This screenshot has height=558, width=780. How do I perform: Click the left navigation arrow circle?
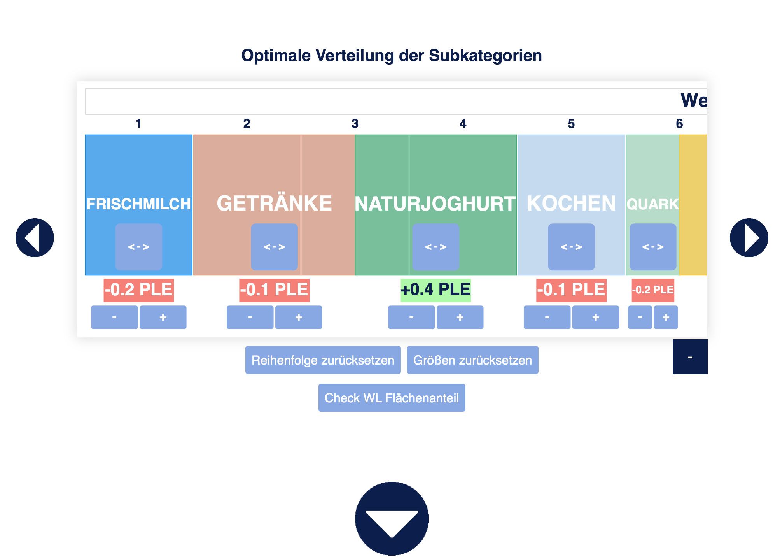[x=35, y=237]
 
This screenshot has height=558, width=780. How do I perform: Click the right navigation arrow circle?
[x=749, y=237]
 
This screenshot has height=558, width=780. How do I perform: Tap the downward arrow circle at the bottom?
[x=392, y=518]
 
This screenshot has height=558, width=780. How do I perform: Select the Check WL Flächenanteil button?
[x=392, y=398]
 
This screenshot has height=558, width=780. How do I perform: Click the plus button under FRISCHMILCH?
[x=163, y=317]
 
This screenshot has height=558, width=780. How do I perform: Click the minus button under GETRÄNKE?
[x=250, y=317]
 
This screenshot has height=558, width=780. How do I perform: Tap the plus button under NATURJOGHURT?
[x=460, y=317]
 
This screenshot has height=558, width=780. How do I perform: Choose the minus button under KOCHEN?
[x=547, y=317]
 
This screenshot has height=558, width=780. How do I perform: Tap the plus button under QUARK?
[x=666, y=317]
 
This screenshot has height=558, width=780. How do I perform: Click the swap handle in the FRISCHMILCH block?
[x=139, y=247]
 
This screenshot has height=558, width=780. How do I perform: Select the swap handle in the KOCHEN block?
[x=571, y=247]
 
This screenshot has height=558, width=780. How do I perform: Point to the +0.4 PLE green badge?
[x=435, y=290]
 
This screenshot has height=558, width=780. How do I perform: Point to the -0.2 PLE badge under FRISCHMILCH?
[x=139, y=290]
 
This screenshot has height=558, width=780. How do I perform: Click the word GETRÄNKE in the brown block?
[x=274, y=204]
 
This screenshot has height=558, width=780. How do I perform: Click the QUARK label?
[x=652, y=204]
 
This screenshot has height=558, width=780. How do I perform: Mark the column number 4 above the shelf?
[x=463, y=124]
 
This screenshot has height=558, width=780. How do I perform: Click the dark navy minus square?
[x=690, y=357]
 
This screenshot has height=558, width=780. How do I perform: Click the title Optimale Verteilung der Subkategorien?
[x=392, y=56]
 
